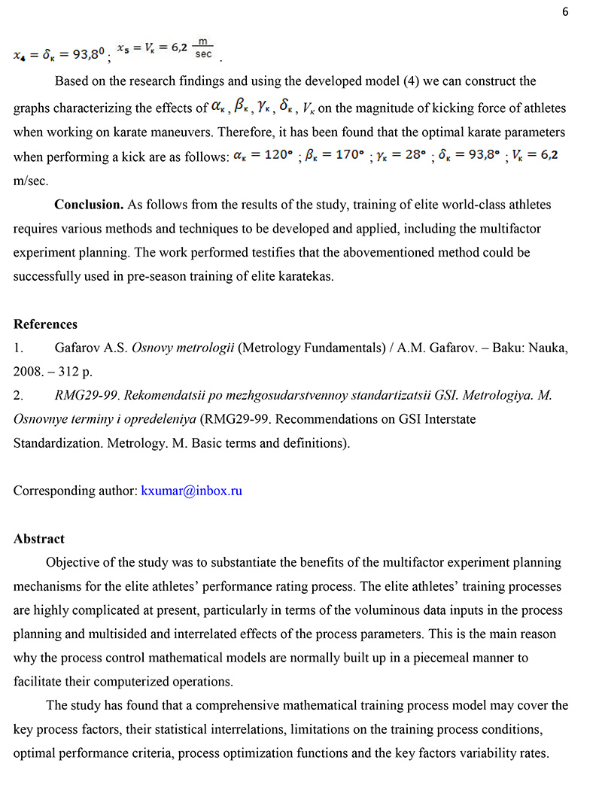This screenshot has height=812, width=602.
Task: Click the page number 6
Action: point(565,13)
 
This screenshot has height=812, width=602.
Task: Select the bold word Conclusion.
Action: point(89,204)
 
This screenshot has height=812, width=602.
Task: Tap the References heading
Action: point(45,324)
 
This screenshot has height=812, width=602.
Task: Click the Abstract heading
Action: point(39,539)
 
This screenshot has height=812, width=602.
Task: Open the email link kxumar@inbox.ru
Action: point(191,491)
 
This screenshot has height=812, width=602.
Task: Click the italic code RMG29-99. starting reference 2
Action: point(81,395)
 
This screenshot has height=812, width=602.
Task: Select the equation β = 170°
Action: point(333,157)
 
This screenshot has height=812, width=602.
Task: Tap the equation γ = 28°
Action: point(400,157)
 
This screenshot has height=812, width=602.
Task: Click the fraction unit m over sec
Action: point(202,50)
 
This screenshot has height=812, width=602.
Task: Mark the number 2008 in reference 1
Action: point(27,372)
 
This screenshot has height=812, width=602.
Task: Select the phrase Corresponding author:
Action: point(74,491)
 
